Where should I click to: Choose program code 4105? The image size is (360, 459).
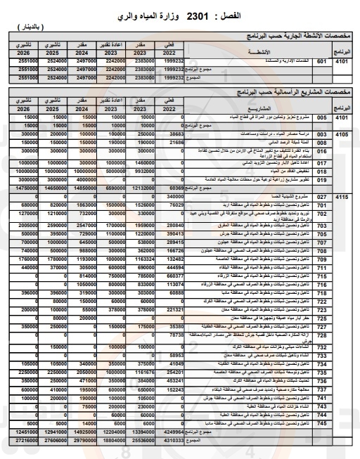click(x=342, y=132)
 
